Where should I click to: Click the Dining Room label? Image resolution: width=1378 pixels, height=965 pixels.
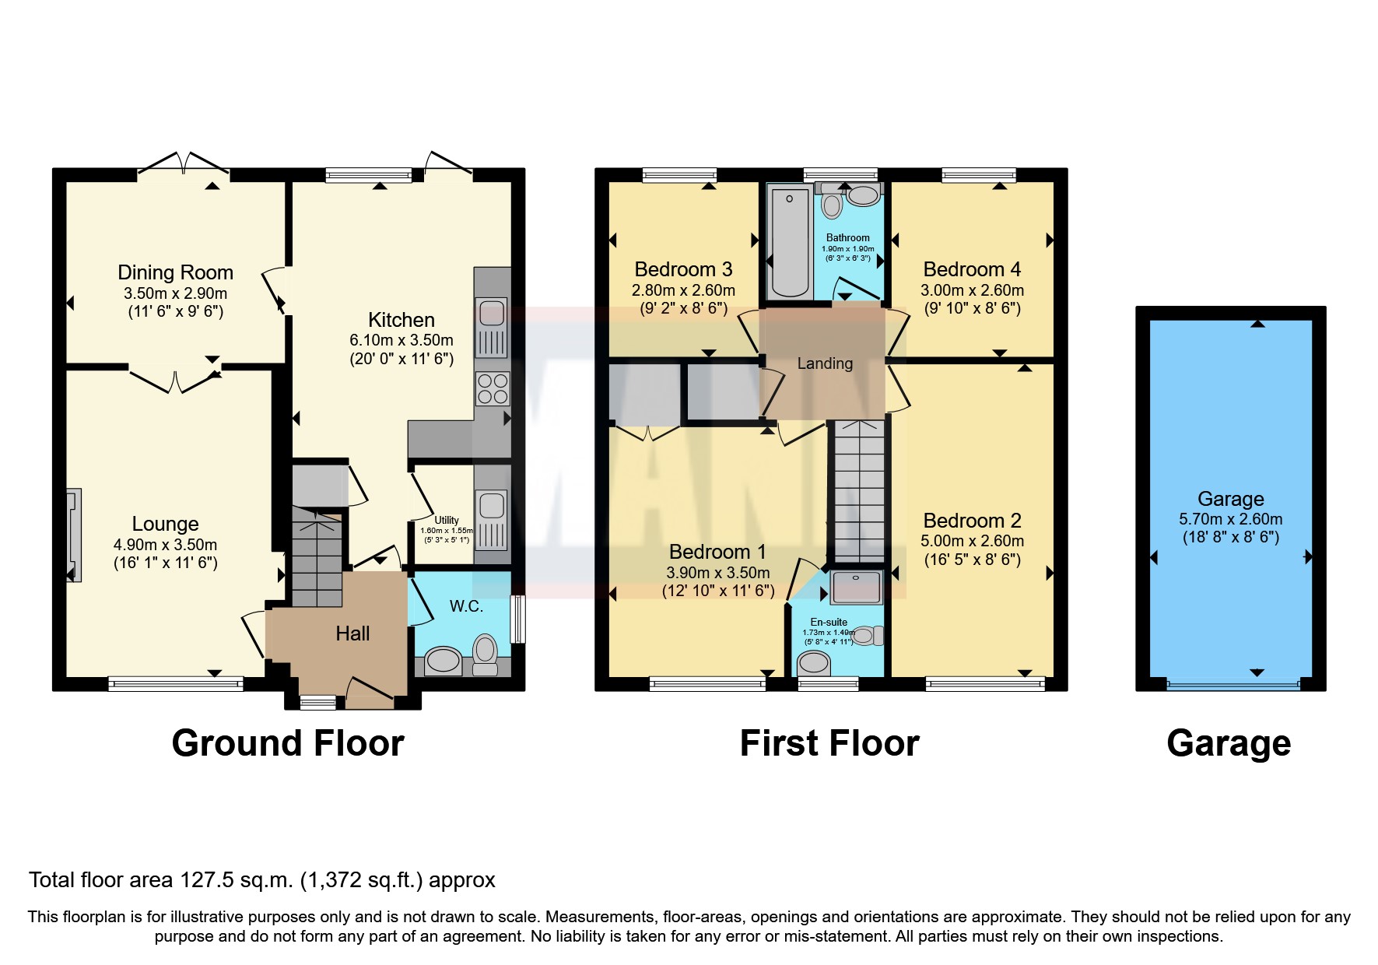pos(175,272)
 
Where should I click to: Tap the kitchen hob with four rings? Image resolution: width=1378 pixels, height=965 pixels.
pos(492,389)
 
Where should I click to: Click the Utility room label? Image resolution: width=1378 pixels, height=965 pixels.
pos(447,520)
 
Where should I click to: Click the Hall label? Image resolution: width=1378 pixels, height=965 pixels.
pos(352,633)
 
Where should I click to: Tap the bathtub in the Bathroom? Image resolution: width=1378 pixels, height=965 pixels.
pos(790,241)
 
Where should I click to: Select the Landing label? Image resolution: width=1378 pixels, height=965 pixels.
pos(825,363)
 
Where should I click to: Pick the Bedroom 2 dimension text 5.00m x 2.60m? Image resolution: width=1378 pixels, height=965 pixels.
pos(972,541)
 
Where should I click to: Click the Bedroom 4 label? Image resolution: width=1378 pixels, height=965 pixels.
pos(972,269)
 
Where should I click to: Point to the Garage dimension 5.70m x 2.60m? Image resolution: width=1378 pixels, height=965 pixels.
pos(1230,519)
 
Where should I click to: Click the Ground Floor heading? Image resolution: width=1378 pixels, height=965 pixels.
pos(288,743)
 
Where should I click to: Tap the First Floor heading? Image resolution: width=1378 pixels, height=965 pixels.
pos(829,743)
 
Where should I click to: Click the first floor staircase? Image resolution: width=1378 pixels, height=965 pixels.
pos(858,490)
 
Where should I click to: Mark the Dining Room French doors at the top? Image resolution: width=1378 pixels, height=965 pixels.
pos(184,163)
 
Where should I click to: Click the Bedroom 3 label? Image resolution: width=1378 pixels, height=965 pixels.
pos(683,269)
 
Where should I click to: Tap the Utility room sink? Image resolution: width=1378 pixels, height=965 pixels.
pos(492,506)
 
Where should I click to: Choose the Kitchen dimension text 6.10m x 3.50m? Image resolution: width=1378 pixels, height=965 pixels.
pos(401,340)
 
